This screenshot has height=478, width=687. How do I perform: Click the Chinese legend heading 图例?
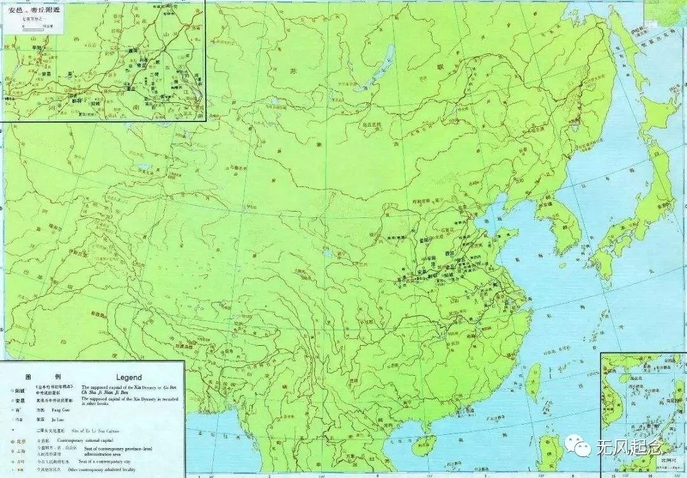35,377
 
